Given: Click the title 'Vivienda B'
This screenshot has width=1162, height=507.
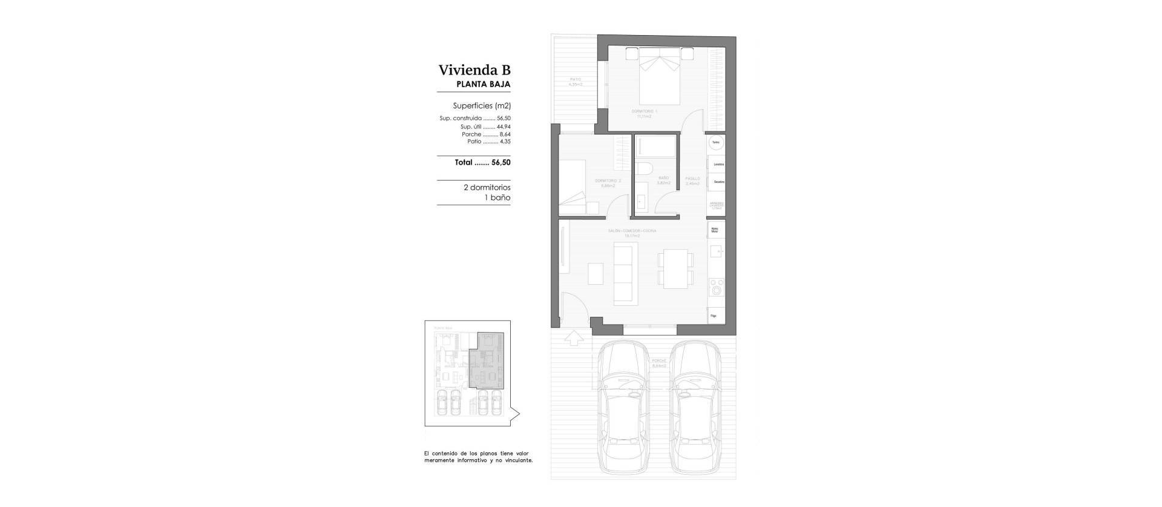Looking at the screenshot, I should (474, 70).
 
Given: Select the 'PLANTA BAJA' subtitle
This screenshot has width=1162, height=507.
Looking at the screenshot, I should (483, 85).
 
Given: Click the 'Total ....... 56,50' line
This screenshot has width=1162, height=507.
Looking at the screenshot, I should (482, 162).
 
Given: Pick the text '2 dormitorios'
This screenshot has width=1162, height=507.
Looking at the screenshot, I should (487, 188).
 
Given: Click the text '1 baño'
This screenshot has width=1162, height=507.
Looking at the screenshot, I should (499, 198).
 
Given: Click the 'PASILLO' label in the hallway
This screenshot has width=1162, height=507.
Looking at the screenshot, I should (692, 179).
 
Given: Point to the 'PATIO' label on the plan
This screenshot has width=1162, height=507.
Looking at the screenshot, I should (575, 79).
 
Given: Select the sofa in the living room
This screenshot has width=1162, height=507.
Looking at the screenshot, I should (625, 273).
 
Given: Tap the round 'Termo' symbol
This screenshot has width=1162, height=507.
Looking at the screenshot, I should (716, 142).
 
